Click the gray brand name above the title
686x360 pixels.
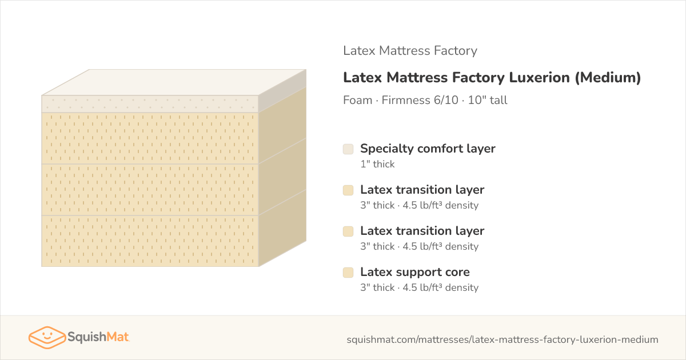410,50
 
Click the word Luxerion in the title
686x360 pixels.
539,78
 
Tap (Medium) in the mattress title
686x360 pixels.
608,78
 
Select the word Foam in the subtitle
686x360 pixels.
358,100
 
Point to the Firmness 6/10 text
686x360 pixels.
420,100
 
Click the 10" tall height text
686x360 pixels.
488,100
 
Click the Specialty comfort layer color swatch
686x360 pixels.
348,149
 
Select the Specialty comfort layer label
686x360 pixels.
428,149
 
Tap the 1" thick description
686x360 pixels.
378,164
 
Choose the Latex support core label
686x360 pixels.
415,272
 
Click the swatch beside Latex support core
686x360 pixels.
348,273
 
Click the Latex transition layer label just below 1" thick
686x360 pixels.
422,190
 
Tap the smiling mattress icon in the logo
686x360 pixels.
47,337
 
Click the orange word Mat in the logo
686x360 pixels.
118,337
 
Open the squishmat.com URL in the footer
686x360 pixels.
502,339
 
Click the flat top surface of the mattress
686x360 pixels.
174,82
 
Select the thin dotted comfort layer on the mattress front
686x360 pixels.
150,104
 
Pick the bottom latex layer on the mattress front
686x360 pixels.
150,241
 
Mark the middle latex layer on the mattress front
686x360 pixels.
150,190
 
